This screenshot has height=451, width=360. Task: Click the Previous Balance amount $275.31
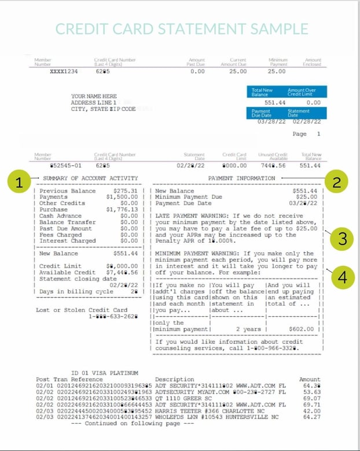(x=126, y=191)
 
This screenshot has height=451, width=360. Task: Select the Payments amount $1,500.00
(x=124, y=197)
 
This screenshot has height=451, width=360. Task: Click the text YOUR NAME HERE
(x=94, y=97)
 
